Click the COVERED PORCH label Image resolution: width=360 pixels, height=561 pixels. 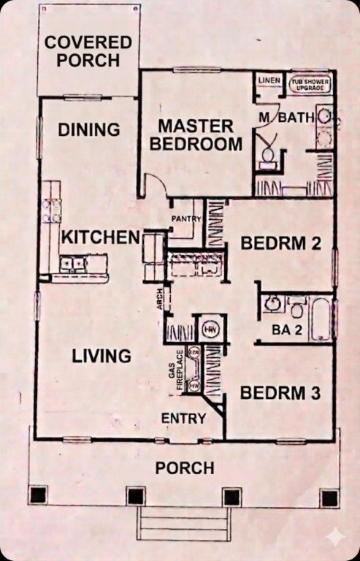(x=88, y=50)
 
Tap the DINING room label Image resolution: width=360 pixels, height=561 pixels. (x=89, y=130)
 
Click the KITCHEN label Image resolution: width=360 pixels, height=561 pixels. (x=100, y=237)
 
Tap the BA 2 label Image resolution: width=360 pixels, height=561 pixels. (x=282, y=330)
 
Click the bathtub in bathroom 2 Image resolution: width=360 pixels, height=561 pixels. (x=321, y=318)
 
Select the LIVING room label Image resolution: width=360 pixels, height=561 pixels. (x=102, y=356)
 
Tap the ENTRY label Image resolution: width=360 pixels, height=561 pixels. (x=183, y=418)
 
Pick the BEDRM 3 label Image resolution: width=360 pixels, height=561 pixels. (x=280, y=394)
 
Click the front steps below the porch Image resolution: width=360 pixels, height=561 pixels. (x=184, y=524)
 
